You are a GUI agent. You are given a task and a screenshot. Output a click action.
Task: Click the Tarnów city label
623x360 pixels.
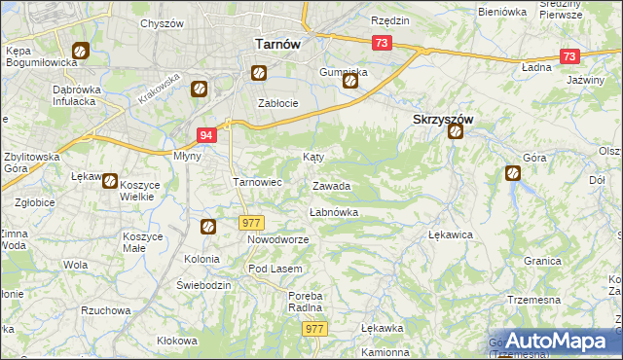click(276, 44)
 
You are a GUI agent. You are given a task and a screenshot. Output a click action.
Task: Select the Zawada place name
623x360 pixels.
click(331, 186)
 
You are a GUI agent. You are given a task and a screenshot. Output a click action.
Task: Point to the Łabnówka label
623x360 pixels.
click(334, 211)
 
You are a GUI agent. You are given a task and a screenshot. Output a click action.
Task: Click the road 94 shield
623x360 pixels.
click(205, 136)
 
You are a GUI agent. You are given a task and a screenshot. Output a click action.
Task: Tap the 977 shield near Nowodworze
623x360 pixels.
click(251, 223)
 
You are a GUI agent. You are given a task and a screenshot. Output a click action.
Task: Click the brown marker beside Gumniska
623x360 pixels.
click(349, 82)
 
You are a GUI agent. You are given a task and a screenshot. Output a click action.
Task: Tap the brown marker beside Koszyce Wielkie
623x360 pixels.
click(110, 181)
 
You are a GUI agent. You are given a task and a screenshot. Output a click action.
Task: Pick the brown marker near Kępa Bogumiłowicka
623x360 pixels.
click(80, 52)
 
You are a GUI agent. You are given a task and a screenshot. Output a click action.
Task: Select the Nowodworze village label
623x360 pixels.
click(277, 239)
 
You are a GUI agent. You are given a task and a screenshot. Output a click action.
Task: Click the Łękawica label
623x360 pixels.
click(450, 234)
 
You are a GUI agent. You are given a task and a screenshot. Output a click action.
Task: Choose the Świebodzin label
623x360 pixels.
click(203, 284)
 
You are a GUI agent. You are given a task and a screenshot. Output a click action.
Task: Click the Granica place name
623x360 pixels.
click(542, 261)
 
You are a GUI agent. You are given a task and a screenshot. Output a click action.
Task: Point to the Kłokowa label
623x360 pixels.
click(176, 341)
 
